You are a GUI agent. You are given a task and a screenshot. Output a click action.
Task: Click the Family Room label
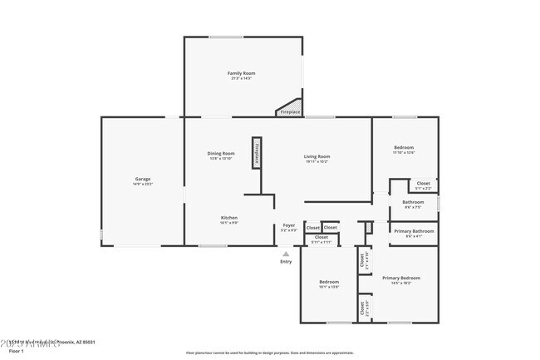[x=242, y=73]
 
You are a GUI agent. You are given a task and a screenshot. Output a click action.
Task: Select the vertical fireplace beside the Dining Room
[x=258, y=153]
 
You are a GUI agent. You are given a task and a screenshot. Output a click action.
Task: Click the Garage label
[x=143, y=179]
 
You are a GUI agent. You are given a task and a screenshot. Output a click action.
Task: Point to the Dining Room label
[x=221, y=153]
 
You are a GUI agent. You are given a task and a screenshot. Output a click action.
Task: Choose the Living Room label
[x=317, y=156]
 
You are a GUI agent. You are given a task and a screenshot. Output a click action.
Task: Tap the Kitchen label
[x=229, y=218]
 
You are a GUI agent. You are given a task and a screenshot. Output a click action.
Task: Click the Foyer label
[x=289, y=224]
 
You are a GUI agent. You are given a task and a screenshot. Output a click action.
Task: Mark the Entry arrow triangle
[x=286, y=254]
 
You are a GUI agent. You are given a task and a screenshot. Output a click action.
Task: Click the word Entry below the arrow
[x=286, y=262]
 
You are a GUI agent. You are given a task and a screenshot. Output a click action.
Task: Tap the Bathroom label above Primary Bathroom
[x=413, y=202]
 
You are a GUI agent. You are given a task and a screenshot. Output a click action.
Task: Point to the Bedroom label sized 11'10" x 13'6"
[x=404, y=148]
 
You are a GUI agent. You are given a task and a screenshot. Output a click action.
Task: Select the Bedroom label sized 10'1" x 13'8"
[x=329, y=282]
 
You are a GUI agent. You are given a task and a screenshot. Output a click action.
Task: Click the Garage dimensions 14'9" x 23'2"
[x=143, y=184]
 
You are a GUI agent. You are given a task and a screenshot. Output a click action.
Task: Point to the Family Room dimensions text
[x=242, y=78]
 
